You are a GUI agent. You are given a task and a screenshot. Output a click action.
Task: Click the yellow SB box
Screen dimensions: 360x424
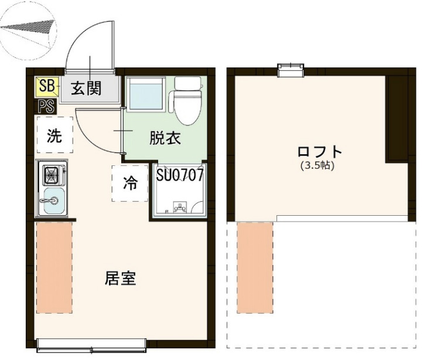point(46,87)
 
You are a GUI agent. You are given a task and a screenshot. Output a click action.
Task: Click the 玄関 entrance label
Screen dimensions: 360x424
point(87,89)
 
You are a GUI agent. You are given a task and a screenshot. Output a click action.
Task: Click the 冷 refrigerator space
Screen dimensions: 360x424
point(129,183)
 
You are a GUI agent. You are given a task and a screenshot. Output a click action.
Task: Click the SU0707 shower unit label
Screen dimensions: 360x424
point(180,174)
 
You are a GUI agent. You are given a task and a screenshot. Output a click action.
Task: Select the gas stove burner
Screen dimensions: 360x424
point(51,174)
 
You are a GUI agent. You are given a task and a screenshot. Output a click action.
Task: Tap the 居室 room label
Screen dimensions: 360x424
point(120,278)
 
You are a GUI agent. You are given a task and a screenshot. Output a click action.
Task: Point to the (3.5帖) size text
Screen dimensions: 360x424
point(317,166)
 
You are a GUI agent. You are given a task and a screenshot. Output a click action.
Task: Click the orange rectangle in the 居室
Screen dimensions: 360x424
point(54,267)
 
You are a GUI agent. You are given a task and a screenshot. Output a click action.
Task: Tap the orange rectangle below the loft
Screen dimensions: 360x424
point(255,267)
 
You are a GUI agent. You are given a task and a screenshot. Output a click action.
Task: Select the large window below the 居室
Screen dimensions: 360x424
point(92,345)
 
